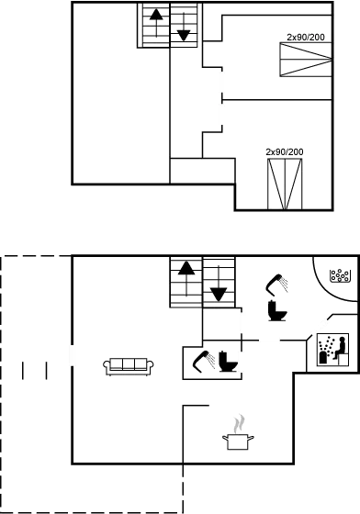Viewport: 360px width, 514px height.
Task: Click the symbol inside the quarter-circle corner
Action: coord(338,274)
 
